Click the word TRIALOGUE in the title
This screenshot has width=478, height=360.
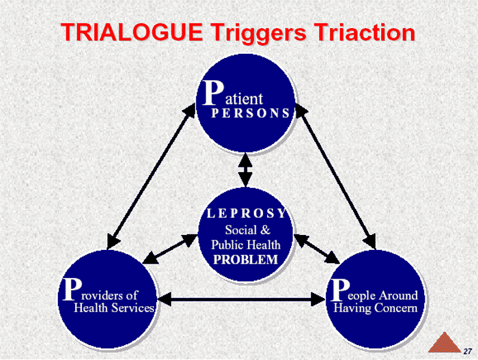(131, 32)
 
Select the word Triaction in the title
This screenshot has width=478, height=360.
(365, 32)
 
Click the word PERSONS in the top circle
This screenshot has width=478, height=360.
(250, 113)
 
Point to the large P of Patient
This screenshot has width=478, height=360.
(213, 93)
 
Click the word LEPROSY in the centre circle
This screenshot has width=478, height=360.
(246, 213)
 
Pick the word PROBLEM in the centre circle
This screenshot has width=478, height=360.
(246, 260)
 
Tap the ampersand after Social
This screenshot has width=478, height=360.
(265, 230)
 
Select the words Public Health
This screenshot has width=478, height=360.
(246, 245)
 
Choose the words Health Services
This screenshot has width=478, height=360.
(114, 308)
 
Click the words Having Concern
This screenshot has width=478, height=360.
(375, 308)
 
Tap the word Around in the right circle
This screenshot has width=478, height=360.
(399, 295)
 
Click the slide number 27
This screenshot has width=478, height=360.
(468, 352)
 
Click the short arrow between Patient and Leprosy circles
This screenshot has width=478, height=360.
(246, 170)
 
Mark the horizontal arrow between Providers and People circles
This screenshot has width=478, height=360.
(241, 299)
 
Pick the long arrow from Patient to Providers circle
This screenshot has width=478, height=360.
(151, 176)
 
